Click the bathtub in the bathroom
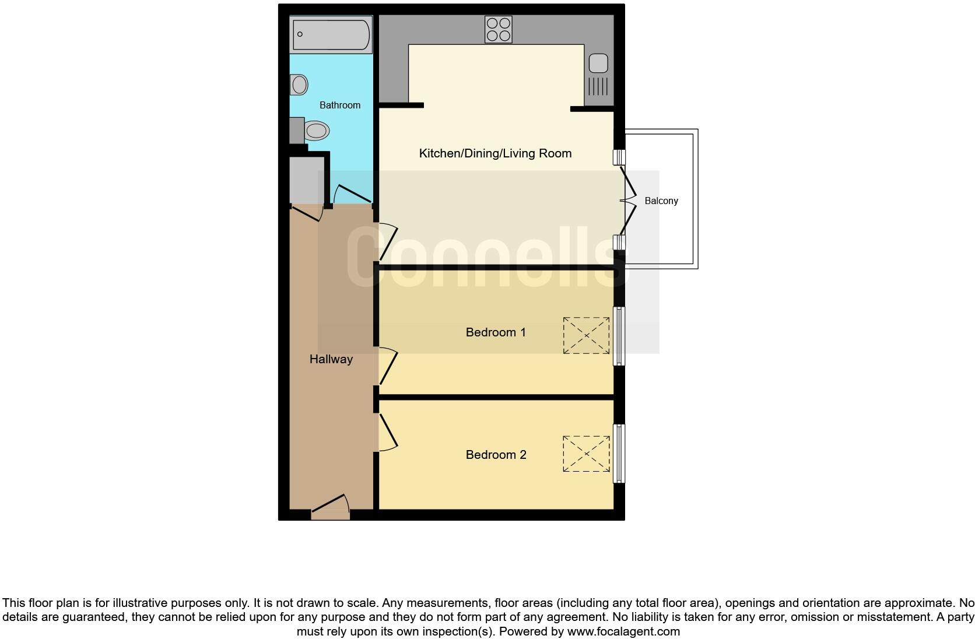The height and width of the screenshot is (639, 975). (331, 34)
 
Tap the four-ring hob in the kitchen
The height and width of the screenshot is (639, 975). (499, 30)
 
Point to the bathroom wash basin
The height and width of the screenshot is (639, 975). (299, 85)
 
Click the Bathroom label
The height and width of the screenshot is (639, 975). (340, 106)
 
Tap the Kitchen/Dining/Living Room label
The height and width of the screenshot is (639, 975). (495, 153)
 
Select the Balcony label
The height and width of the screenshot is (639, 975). (661, 201)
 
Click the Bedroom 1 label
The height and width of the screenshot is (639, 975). (496, 332)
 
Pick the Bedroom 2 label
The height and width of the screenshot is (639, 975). (496, 455)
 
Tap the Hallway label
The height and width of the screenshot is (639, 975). (331, 359)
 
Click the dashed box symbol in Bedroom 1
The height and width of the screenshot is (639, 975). (586, 335)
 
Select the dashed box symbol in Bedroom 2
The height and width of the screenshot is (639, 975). (586, 454)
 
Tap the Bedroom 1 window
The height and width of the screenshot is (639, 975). (619, 336)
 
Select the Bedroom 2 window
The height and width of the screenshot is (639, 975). (619, 454)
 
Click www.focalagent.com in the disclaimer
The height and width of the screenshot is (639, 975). (623, 631)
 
